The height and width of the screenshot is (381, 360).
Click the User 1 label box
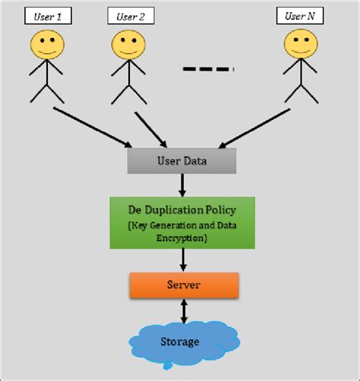pyautogui.click(x=48, y=15)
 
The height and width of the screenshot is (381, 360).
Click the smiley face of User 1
pyautogui.click(x=46, y=45)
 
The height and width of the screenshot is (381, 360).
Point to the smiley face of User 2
pyautogui.click(x=128, y=45)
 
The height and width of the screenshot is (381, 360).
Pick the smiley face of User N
pyautogui.click(x=298, y=45)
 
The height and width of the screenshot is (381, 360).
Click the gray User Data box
pyautogui.click(x=182, y=161)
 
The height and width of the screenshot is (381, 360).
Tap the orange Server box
pyautogui.click(x=182, y=285)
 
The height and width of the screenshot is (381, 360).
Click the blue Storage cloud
pyautogui.click(x=180, y=342)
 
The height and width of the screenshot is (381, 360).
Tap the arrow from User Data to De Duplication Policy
pyautogui.click(x=182, y=185)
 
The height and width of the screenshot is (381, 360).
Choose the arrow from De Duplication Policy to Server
pyautogui.click(x=182, y=260)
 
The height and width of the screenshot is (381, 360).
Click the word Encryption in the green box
pyautogui.click(x=182, y=237)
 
